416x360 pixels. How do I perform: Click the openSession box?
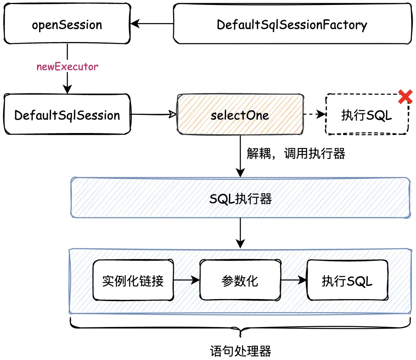67,25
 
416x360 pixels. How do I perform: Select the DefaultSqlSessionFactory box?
292,25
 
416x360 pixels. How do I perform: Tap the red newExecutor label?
68,66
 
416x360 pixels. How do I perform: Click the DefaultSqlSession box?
67,115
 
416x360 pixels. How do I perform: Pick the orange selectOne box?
240,115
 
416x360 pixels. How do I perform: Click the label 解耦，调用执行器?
296,154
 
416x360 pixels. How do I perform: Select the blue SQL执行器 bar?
241,199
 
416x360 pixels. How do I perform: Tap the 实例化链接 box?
133,281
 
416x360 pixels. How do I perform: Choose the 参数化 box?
240,281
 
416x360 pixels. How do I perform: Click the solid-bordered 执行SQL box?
347,281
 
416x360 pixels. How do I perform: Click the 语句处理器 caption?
241,351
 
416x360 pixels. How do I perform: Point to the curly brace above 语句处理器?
241,330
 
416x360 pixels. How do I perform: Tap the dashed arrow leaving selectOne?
314,115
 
